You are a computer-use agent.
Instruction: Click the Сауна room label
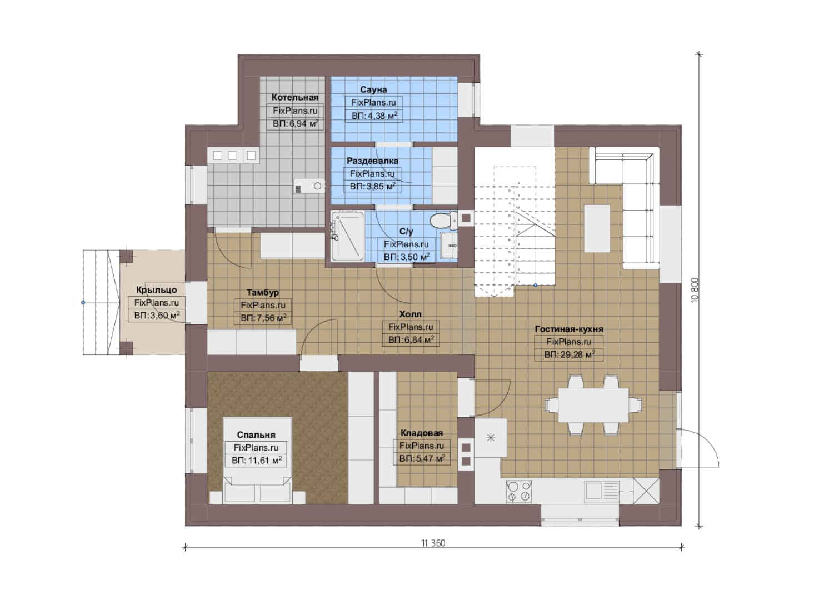(373, 89)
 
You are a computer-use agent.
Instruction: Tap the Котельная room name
(294, 97)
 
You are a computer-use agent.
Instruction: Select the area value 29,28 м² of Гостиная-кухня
(569, 354)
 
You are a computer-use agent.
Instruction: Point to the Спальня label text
(256, 435)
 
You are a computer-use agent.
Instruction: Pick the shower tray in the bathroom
(347, 236)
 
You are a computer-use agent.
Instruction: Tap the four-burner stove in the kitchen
(518, 491)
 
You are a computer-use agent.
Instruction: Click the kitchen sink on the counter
(601, 490)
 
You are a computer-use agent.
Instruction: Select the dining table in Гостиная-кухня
(593, 405)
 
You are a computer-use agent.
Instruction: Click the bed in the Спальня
(257, 461)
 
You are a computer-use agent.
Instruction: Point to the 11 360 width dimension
(433, 543)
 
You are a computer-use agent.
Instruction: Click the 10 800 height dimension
(695, 290)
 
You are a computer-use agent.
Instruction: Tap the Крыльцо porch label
(157, 290)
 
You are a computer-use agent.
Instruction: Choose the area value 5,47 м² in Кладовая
(422, 458)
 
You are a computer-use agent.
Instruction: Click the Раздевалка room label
(373, 161)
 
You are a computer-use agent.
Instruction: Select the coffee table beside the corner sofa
(597, 228)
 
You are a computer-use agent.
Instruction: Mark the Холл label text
(410, 314)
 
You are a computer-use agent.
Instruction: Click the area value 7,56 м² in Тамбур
(263, 318)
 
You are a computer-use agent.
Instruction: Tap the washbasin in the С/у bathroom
(448, 246)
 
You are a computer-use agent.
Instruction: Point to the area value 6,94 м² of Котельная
(296, 123)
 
